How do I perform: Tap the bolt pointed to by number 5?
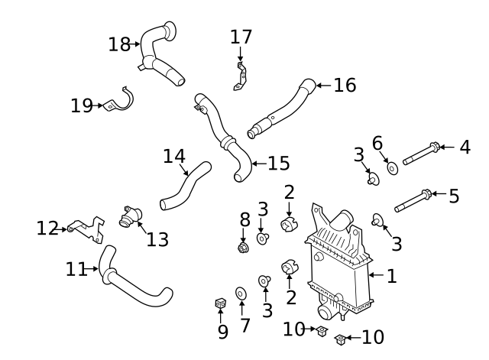click(x=413, y=201)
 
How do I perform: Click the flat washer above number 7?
click(x=241, y=292)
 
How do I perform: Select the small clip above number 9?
click(x=220, y=304)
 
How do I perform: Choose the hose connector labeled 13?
click(x=128, y=217)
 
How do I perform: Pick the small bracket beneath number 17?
click(x=240, y=77)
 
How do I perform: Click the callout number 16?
click(x=345, y=85)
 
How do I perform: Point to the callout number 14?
click(x=174, y=156)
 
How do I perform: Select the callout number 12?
click(x=47, y=228)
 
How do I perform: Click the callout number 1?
click(x=391, y=276)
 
